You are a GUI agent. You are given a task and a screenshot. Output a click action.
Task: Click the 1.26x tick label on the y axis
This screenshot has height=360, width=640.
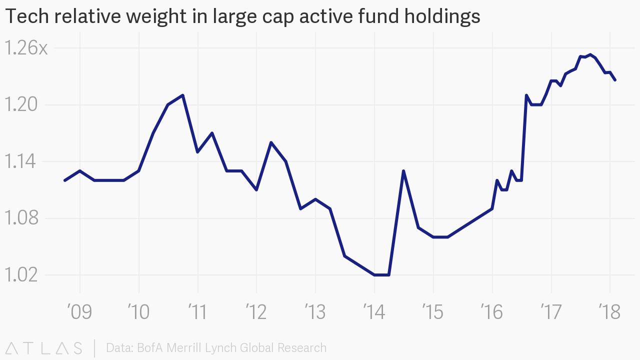click(x=26, y=48)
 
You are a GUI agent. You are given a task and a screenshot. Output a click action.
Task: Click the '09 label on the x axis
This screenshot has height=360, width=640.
click(x=80, y=311)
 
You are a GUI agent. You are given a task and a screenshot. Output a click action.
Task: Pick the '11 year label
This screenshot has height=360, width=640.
click(x=198, y=311)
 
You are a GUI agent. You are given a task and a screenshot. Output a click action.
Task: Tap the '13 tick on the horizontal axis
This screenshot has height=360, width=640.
click(x=315, y=311)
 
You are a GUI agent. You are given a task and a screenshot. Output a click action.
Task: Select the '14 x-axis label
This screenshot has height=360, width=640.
click(x=374, y=311)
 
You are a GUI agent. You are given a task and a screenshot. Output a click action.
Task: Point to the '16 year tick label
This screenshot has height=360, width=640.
click(x=492, y=311)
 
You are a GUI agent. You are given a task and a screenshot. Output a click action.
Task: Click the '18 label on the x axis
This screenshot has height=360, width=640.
click(x=609, y=311)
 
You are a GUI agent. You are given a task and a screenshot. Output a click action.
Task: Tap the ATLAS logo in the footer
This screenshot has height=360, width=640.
click(x=44, y=347)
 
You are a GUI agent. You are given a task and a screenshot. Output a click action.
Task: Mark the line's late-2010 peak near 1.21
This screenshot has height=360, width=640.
click(x=183, y=95)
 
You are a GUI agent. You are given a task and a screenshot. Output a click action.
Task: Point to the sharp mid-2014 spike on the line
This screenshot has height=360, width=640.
click(x=403, y=171)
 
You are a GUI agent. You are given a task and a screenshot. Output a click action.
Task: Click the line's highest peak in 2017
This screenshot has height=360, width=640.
click(x=590, y=54)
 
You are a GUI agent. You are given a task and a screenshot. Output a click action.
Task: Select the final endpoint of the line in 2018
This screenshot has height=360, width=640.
click(x=615, y=80)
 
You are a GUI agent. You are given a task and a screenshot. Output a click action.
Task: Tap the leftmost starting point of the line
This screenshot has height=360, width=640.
click(x=65, y=180)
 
